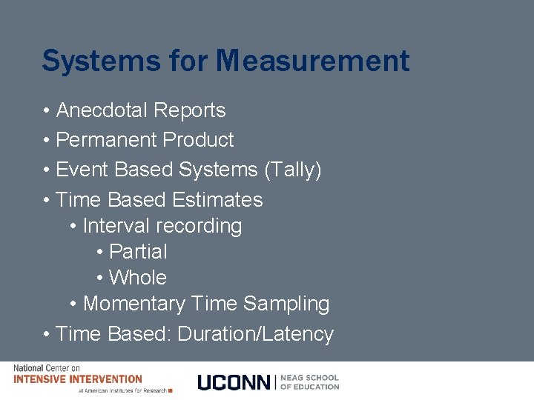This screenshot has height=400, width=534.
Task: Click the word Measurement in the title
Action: [x=312, y=61]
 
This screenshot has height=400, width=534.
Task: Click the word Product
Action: [x=198, y=140]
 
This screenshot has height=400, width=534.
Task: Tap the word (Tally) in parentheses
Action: [x=293, y=170]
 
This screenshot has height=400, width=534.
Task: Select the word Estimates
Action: [x=217, y=200]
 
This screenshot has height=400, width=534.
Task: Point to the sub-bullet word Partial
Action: [x=138, y=252]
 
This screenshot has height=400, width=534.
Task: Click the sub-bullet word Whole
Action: [x=138, y=278]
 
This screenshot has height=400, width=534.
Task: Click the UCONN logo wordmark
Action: [x=234, y=382]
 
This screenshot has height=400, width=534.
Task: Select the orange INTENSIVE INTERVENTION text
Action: [x=78, y=379]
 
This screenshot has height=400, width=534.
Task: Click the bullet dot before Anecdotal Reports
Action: [x=46, y=111]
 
